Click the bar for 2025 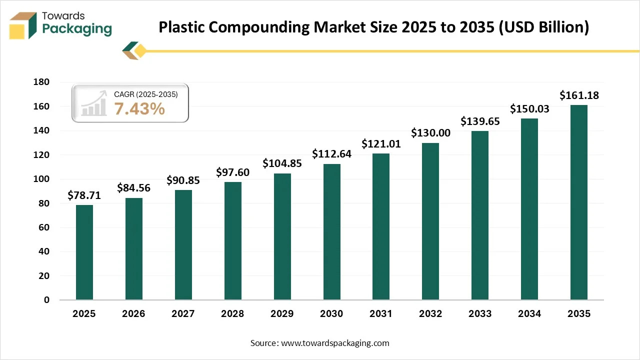click(x=84, y=252)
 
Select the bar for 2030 click(x=331, y=232)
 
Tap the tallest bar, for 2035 click(x=579, y=202)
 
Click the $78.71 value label click(x=84, y=195)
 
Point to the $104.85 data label click(x=282, y=163)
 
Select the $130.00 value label click(x=430, y=133)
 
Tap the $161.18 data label click(x=579, y=95)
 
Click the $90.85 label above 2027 click(x=183, y=180)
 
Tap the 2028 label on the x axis click(x=232, y=314)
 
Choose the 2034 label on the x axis click(x=529, y=314)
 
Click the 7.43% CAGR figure click(x=139, y=108)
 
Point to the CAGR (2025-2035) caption click(x=145, y=94)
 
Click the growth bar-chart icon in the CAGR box click(x=94, y=103)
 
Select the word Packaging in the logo click(x=77, y=29)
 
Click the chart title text click(x=373, y=27)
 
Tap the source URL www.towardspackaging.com click(x=335, y=343)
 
